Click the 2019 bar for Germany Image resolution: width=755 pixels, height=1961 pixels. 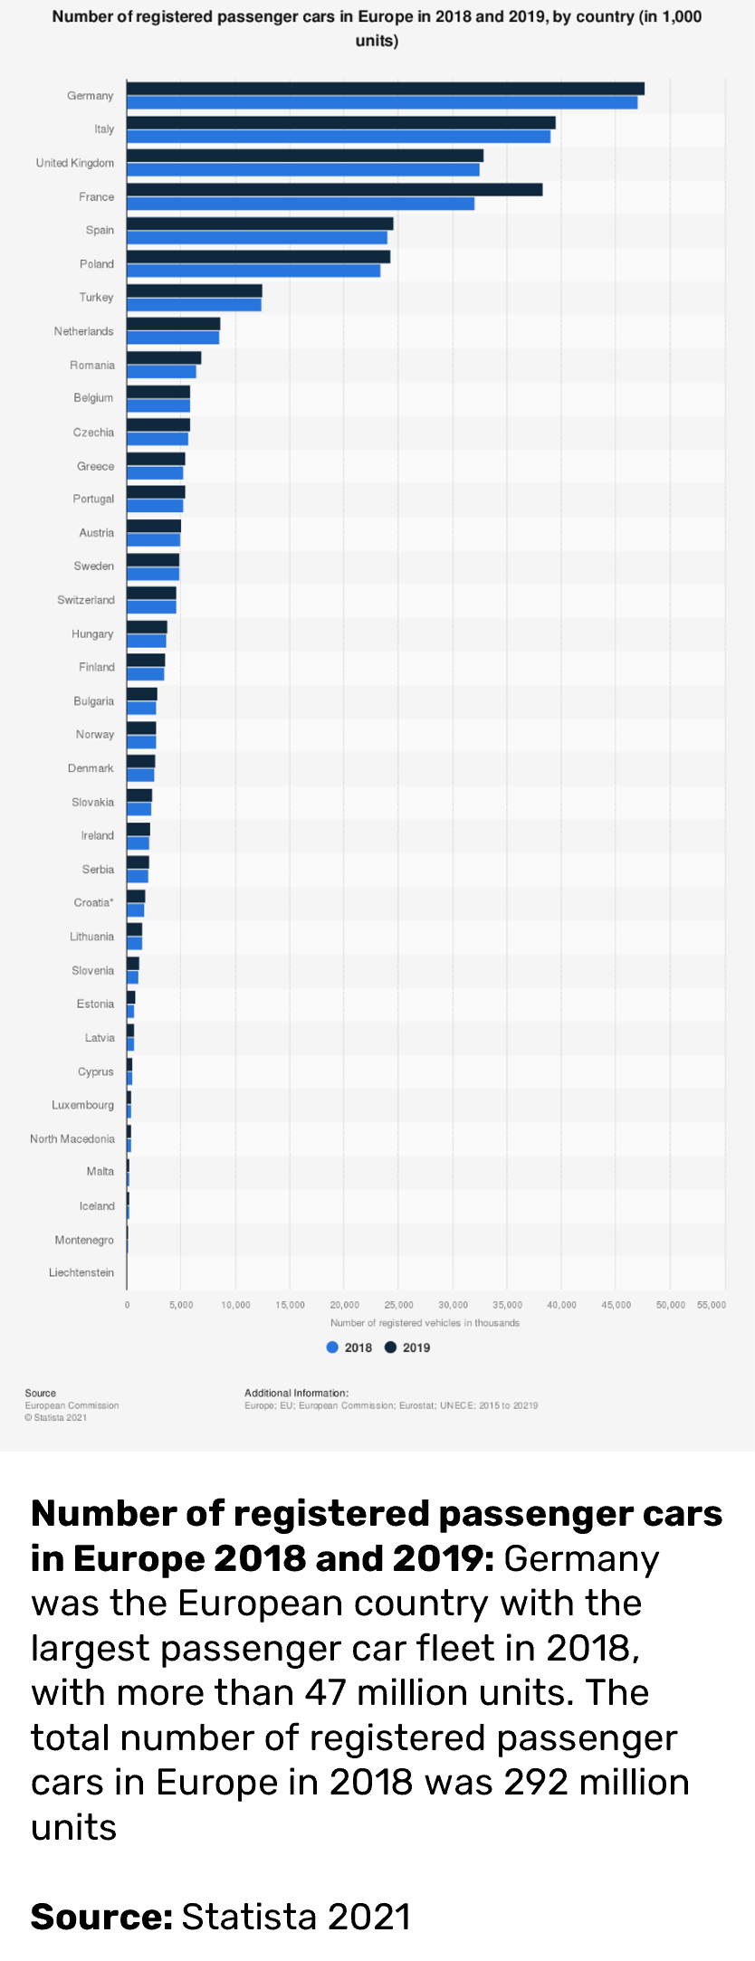(x=385, y=89)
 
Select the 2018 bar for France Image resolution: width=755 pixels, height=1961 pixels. (x=300, y=204)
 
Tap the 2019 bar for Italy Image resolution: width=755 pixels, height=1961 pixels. (x=340, y=122)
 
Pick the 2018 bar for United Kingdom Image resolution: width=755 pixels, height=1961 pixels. (x=302, y=170)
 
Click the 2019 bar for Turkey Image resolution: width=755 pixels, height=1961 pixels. (x=194, y=290)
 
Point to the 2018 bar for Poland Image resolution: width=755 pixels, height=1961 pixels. (x=253, y=271)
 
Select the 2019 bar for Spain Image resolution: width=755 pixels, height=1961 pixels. (x=260, y=224)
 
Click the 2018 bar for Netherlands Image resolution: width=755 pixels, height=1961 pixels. (x=172, y=338)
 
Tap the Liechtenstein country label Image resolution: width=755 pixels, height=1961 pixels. (x=81, y=1272)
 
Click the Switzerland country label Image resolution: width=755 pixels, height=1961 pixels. (x=86, y=600)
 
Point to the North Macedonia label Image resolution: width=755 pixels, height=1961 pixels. (x=72, y=1138)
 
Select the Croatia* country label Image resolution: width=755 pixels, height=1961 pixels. (x=94, y=902)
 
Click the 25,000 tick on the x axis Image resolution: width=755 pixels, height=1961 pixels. (x=398, y=1305)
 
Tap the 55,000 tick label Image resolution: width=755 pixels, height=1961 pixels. (x=712, y=1305)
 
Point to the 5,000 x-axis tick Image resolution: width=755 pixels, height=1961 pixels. (x=180, y=1305)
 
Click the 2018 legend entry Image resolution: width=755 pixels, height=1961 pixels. (x=349, y=1347)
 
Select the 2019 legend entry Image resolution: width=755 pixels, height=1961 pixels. (x=407, y=1347)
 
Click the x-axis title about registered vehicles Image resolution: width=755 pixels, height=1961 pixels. (x=425, y=1323)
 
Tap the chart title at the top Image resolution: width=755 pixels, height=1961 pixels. (x=377, y=28)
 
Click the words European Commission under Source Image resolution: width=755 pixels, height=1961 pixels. (x=72, y=1405)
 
